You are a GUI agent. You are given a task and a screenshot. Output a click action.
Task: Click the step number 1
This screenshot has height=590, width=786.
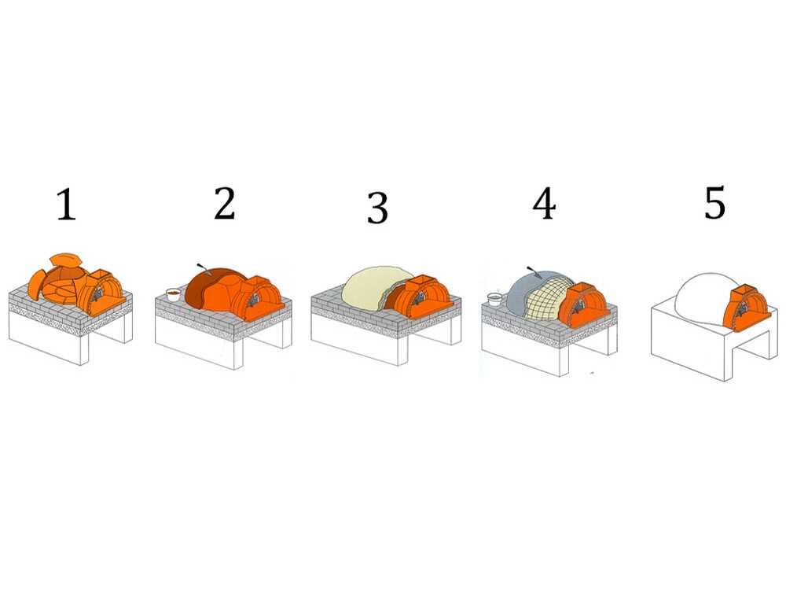[66, 205]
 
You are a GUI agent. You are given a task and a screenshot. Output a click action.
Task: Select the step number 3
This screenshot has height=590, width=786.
[377, 207]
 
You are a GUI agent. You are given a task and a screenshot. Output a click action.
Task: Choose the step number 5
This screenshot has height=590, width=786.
[714, 202]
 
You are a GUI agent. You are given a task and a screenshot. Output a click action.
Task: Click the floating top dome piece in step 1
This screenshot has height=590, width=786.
[67, 260]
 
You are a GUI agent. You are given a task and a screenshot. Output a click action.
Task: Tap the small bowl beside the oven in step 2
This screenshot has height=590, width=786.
[173, 293]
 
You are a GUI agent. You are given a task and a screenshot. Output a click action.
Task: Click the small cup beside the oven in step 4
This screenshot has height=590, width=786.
[494, 298]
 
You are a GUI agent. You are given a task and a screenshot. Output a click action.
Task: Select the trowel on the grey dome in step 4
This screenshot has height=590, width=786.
[534, 272]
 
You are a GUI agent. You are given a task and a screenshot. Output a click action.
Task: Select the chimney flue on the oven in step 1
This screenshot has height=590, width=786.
[98, 275]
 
